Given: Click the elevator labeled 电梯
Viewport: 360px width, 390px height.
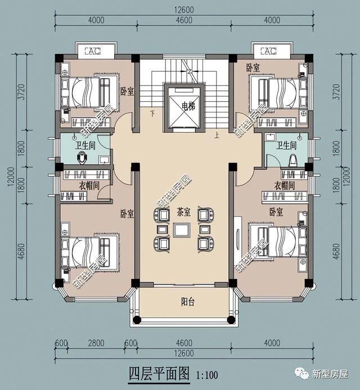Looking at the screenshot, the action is click(x=184, y=108).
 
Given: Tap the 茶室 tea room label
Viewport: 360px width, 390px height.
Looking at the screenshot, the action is click(x=184, y=212).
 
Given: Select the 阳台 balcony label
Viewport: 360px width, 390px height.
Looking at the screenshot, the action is click(x=187, y=302).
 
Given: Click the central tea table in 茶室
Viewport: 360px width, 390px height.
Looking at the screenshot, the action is click(x=182, y=230).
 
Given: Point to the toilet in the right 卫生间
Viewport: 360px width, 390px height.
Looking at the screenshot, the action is click(x=292, y=161).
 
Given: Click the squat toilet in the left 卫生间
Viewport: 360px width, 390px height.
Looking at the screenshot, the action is click(x=82, y=157).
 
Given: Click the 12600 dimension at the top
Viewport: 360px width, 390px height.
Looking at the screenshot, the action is click(x=184, y=10).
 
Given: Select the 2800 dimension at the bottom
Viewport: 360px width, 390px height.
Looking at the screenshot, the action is click(x=96, y=343).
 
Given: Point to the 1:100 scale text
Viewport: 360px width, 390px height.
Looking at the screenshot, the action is click(x=207, y=375).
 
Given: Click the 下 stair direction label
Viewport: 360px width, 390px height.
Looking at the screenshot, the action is click(x=152, y=114).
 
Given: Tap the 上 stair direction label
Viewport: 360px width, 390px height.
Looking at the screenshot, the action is click(x=217, y=135).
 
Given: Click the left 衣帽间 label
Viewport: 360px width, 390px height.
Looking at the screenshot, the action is click(x=89, y=185).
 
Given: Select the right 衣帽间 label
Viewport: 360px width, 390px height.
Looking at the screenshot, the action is click(x=285, y=185).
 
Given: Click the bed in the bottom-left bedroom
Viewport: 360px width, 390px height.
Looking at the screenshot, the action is click(x=89, y=252).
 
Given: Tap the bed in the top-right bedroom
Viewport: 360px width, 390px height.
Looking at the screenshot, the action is click(x=278, y=93).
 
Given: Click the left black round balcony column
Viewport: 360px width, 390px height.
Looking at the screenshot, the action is click(x=137, y=320).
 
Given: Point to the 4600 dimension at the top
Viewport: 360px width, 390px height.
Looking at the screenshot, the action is click(x=184, y=20).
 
